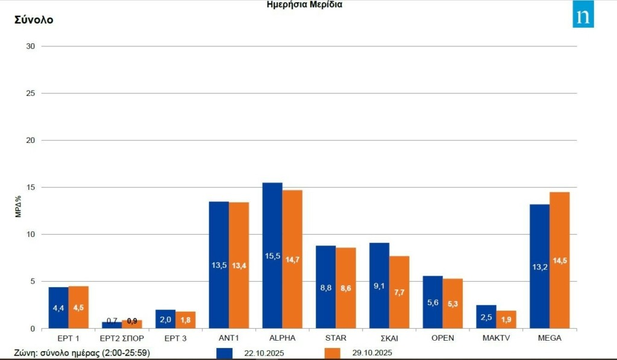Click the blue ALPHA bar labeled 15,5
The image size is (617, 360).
272,255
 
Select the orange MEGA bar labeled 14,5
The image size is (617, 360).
559,260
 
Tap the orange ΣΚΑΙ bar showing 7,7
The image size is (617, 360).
399,292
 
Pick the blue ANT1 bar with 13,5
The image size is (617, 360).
219,265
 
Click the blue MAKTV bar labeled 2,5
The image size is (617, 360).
486,317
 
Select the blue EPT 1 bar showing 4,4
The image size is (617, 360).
58,308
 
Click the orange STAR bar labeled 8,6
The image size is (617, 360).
346,288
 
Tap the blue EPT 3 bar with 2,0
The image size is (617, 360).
166,319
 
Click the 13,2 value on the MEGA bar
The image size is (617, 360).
539,267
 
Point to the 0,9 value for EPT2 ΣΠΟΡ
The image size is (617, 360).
132,321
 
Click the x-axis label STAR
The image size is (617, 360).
335,338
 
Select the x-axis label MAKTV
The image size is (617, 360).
496,338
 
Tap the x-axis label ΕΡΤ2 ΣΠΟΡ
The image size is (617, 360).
122,338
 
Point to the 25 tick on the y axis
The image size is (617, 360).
31,93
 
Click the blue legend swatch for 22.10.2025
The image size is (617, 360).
224,353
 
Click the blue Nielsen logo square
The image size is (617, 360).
583,16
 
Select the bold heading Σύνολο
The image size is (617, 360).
34,20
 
